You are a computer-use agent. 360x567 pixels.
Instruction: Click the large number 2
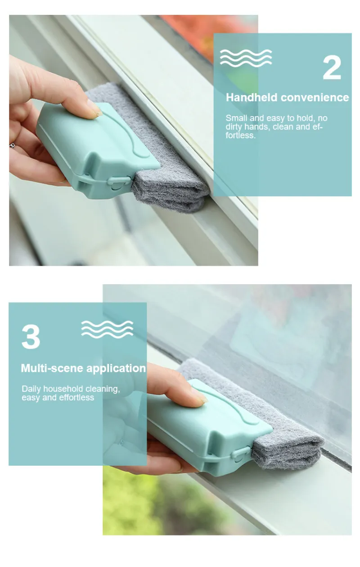point(332,68)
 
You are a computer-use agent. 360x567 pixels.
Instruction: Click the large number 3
point(31,337)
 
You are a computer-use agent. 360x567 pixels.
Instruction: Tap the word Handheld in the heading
point(252,97)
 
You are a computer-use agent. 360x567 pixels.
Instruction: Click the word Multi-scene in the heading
point(52,368)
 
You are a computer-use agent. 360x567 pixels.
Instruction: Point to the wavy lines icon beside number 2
point(246,58)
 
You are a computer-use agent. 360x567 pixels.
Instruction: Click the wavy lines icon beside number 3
point(107,329)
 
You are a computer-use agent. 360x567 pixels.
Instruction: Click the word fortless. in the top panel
point(241,136)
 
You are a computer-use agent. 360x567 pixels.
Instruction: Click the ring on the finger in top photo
point(12,145)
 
